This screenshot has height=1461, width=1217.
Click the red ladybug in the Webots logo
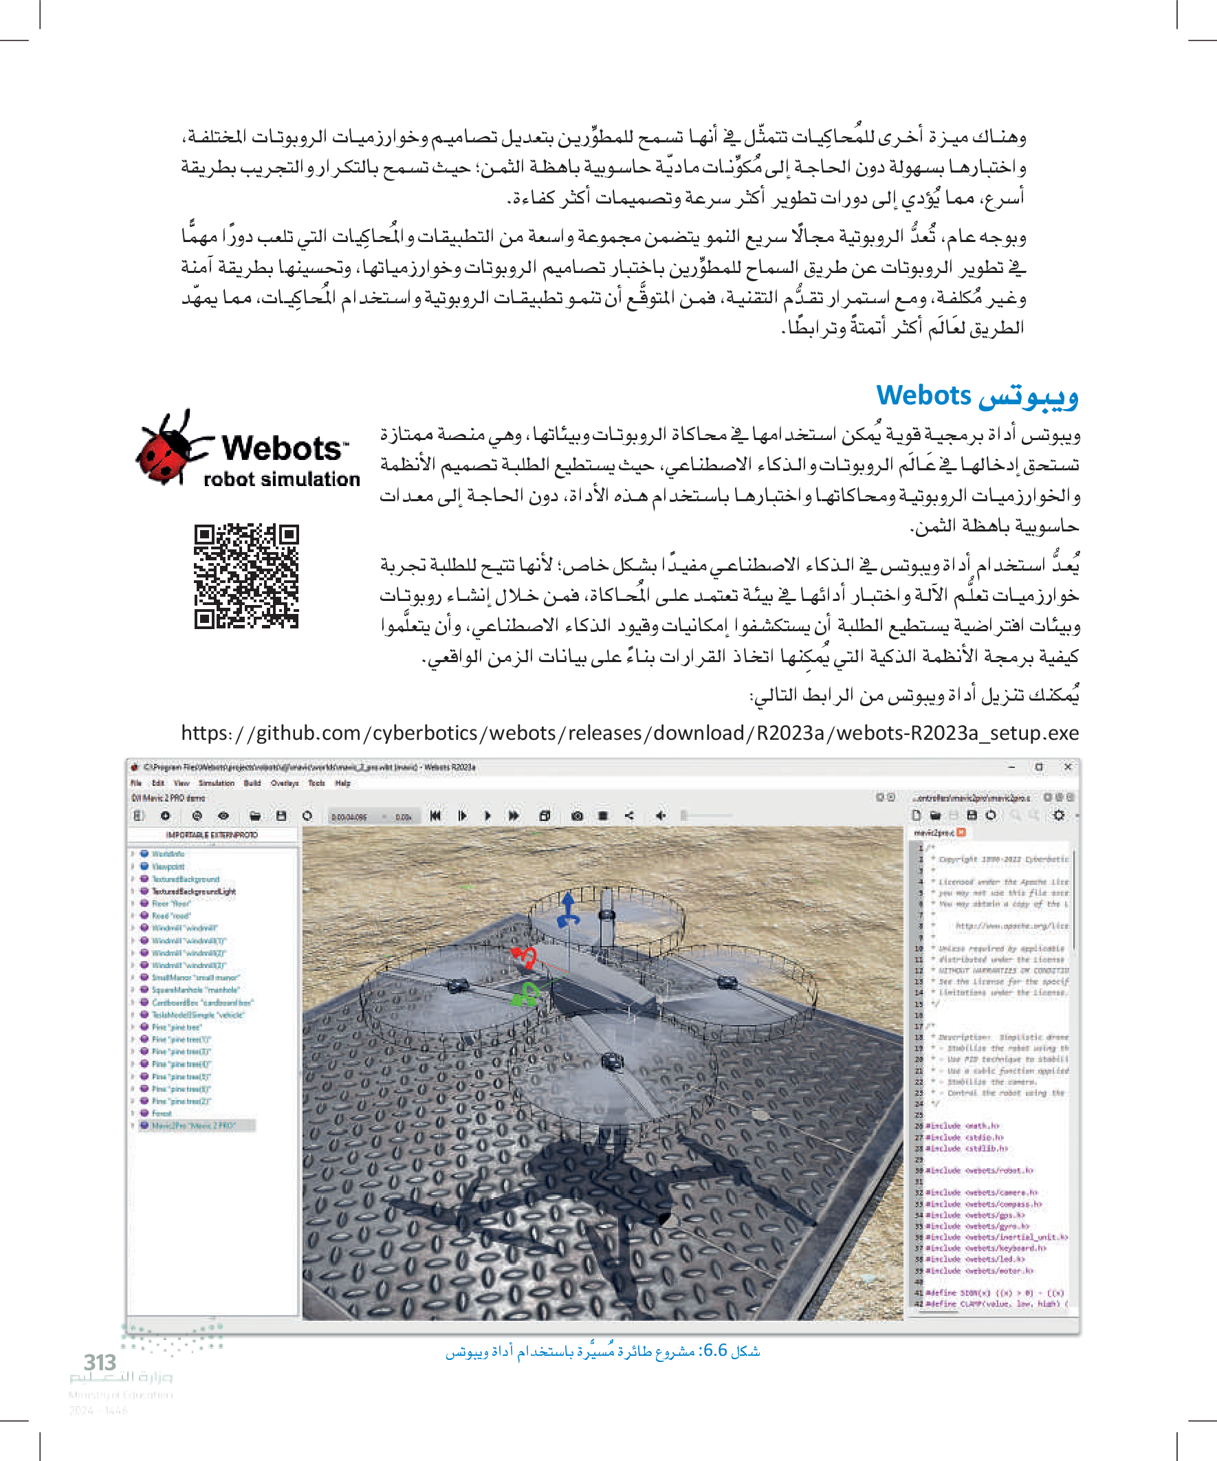[164, 449]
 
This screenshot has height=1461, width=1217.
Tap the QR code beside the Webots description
[246, 577]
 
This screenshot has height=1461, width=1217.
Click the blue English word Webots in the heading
[923, 395]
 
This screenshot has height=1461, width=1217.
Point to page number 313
[100, 1361]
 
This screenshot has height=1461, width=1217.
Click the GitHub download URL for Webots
[630, 733]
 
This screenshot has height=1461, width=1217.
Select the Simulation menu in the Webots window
[217, 782]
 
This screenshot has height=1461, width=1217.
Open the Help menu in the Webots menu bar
[342, 782]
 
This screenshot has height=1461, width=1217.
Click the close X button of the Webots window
[1067, 767]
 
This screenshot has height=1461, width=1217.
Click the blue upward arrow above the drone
[569, 908]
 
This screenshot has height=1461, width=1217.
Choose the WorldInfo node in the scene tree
[168, 854]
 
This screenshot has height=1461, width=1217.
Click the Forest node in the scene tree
[162, 1113]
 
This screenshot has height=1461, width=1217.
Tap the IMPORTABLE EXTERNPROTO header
[212, 835]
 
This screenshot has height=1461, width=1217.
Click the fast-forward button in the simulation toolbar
[514, 815]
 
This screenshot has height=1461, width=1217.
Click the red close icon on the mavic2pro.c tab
[962, 832]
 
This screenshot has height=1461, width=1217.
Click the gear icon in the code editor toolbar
[1058, 815]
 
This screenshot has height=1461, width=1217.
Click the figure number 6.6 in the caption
[714, 1351]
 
